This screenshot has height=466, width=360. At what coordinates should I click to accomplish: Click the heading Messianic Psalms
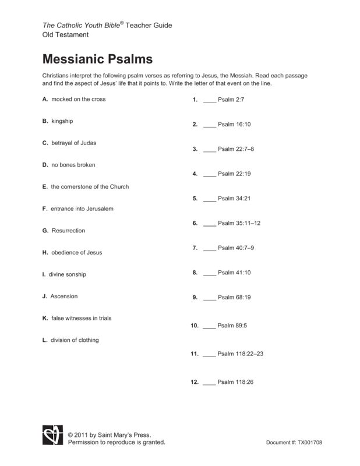97,59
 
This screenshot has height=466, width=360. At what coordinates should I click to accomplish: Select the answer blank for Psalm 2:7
209,100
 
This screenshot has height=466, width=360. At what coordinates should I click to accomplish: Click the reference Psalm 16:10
234,125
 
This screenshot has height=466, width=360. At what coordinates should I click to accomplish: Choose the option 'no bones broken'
73,165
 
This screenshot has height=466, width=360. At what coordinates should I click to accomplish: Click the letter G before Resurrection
45,231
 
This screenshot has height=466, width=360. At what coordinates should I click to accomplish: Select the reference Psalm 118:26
236,382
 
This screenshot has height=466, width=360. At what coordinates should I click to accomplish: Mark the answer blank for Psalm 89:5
209,326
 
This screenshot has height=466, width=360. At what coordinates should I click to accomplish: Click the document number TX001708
309,443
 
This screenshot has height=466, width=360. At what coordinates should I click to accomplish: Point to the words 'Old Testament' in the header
65,35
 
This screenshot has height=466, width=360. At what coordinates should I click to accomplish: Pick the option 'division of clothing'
75,340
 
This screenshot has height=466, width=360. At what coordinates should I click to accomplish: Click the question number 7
195,248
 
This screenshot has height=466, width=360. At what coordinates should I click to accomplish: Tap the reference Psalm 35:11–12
239,223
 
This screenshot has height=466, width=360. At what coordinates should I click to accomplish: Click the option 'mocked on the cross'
78,99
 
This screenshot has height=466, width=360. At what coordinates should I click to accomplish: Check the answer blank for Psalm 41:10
209,273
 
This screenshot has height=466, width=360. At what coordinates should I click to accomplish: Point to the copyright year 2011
83,435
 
